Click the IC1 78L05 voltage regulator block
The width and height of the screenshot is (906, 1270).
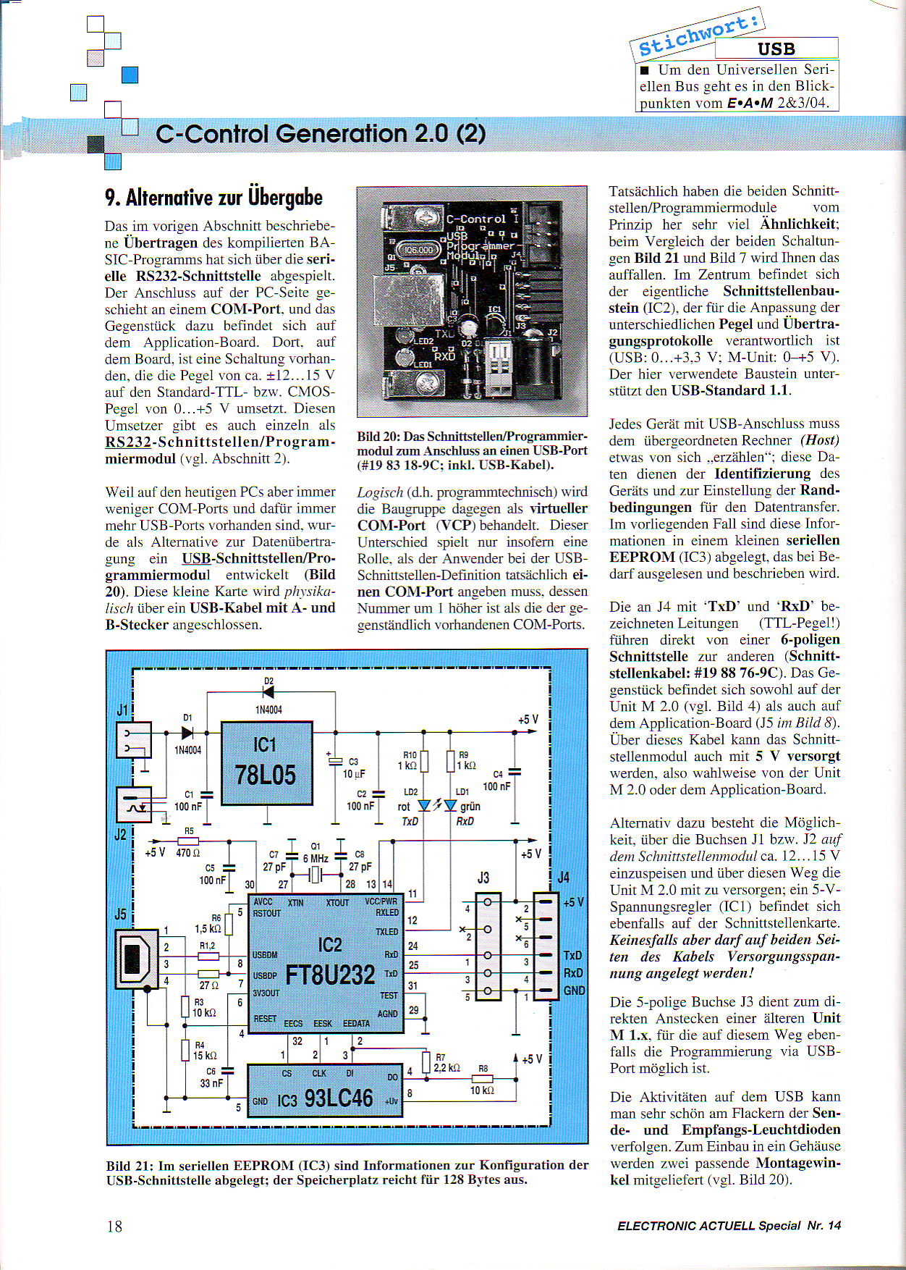[266, 762]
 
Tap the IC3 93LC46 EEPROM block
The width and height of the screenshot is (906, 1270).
[324, 1090]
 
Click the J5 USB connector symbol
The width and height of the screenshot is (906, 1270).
[136, 959]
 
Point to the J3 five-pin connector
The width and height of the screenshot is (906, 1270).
[487, 947]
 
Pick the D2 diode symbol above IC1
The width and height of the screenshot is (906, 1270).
[268, 692]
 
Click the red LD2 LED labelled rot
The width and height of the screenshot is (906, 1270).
[425, 805]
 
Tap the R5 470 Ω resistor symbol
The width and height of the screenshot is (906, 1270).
[188, 841]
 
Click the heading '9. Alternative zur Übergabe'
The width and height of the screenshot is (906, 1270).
[213, 198]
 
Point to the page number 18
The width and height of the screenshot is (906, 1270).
[114, 1227]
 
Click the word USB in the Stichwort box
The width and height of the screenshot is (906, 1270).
[776, 49]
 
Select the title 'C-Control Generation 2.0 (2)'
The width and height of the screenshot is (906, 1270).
[320, 134]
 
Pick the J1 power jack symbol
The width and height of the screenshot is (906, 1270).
[134, 739]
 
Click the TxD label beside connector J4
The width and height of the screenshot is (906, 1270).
[572, 956]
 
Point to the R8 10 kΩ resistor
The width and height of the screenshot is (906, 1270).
[482, 1079]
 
